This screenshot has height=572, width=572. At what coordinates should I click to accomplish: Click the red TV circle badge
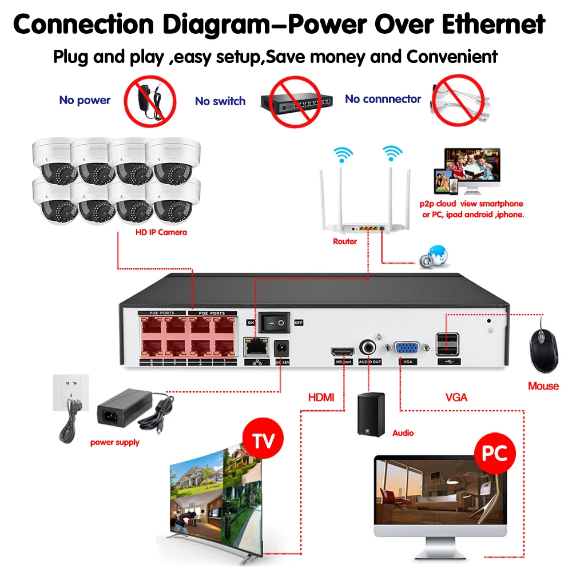click(263, 440)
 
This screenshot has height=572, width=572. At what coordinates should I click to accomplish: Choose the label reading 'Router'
click(345, 241)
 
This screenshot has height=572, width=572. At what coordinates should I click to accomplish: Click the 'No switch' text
click(220, 101)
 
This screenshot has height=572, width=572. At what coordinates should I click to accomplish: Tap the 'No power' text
click(85, 101)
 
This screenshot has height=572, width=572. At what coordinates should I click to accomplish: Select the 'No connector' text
click(383, 100)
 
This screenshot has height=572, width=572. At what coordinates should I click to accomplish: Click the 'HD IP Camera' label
click(161, 232)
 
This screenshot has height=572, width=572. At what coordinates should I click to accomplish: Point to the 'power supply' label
click(115, 442)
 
